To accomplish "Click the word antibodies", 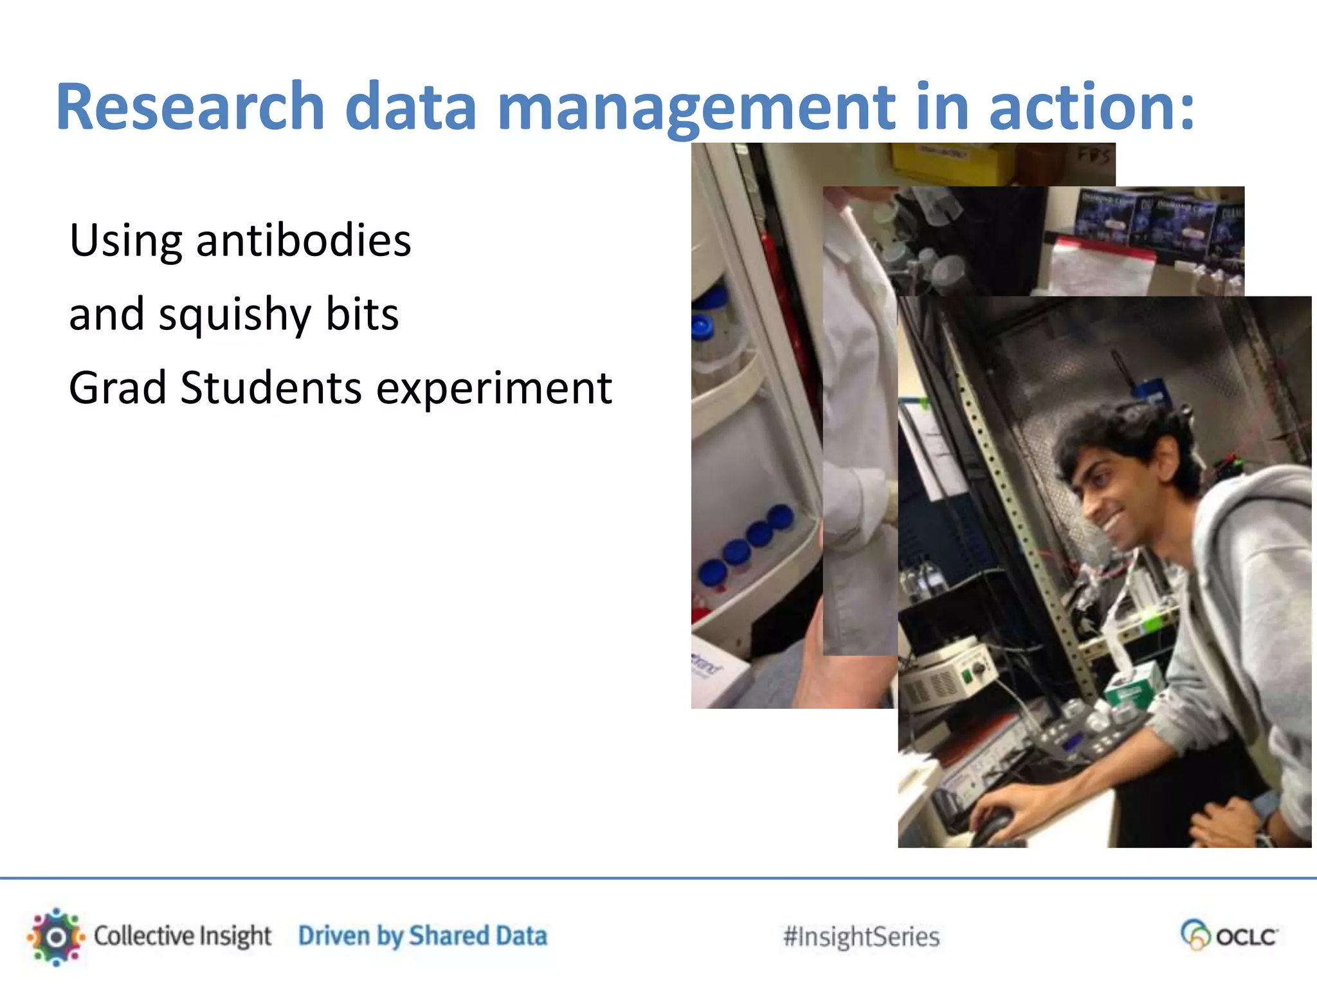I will click(x=303, y=241).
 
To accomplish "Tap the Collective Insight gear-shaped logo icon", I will click(x=56, y=937).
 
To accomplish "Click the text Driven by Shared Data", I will click(x=422, y=937).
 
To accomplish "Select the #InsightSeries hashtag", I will click(x=861, y=937).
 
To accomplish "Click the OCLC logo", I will click(x=1229, y=935).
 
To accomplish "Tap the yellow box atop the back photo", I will click(x=939, y=161).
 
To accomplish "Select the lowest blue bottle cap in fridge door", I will click(x=713, y=572).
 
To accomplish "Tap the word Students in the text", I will click(x=271, y=389).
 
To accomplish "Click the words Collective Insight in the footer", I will click(x=183, y=937).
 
